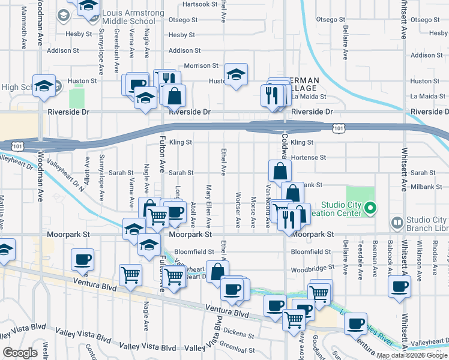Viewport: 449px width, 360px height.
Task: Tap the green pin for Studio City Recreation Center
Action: pos(370,209)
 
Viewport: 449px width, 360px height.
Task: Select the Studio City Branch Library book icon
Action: pos(396,223)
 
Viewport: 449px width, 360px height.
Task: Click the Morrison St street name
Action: pos(201,65)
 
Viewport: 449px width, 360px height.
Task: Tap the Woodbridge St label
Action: pos(311,268)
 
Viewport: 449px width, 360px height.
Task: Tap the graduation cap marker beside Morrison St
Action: pos(236,76)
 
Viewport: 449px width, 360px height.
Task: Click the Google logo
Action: pos(20,353)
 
